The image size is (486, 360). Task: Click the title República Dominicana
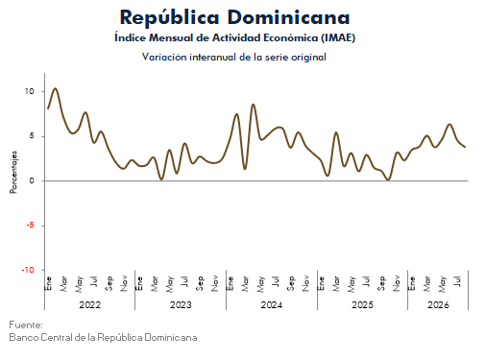234,17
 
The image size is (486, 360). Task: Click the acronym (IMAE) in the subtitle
338,37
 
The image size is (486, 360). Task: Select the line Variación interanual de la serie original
234,57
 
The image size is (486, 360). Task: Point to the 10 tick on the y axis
30,91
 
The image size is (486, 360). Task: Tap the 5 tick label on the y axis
32,136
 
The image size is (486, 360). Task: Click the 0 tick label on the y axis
32,180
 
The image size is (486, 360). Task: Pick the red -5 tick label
30,225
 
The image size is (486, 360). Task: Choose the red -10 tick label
28,270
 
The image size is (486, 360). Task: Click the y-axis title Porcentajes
13,172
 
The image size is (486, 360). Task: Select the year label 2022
90,304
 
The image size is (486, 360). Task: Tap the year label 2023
181,304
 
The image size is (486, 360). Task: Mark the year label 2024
272,304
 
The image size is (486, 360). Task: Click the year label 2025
362,304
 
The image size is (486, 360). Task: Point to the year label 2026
438,304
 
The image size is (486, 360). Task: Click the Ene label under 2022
49,284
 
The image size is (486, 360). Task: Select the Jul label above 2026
458,281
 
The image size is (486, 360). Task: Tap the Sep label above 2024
291,283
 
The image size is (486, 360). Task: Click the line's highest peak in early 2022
56,88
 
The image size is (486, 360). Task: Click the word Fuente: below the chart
26,324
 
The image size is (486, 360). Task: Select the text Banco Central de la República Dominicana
103,337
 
